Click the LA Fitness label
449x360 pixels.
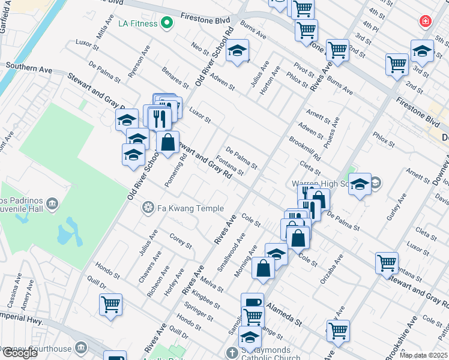pyautogui.click(x=138, y=24)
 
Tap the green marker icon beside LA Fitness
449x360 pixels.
pyautogui.click(x=167, y=24)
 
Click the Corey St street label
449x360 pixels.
pyautogui.click(x=181, y=241)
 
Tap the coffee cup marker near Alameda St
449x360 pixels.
pyautogui.click(x=252, y=302)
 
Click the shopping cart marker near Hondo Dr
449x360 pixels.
pyautogui.click(x=111, y=304)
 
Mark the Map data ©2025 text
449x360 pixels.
pyautogui.click(x=424, y=355)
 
